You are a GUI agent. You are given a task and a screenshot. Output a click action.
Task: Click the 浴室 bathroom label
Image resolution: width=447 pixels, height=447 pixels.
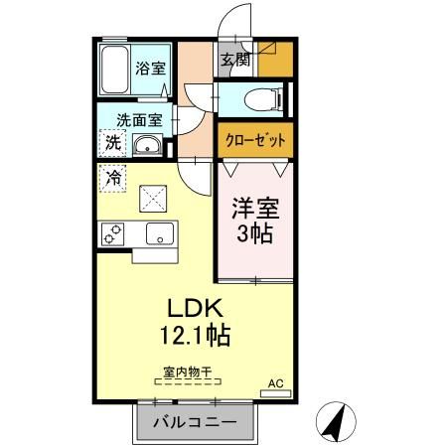[151, 70]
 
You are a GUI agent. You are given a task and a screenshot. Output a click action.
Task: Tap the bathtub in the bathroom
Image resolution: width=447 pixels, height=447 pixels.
[116, 71]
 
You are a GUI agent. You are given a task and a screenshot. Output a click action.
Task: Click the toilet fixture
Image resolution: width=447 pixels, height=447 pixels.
[259, 99]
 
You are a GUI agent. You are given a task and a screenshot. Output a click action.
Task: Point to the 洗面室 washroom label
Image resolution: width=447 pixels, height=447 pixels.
[138, 119]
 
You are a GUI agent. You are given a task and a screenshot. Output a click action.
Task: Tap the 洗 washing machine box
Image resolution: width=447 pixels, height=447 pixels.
[113, 142]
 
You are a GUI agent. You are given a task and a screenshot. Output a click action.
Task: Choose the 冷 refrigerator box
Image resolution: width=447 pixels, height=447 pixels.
[113, 180]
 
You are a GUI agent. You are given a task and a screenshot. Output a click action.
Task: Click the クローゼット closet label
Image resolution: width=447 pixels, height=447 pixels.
[253, 141]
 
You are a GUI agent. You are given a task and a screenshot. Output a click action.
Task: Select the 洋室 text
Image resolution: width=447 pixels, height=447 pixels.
[255, 212]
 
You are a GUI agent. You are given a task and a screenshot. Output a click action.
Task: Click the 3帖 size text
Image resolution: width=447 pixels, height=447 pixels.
[255, 237]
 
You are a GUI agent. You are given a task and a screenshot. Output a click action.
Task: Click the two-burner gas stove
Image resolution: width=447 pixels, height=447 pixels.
[111, 235]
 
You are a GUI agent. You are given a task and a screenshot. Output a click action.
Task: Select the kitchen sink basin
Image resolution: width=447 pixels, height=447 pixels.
[159, 234]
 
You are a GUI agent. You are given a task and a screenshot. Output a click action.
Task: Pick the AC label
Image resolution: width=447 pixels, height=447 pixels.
[275, 382]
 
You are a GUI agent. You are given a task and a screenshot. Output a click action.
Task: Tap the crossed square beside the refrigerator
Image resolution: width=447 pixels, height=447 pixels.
[153, 199]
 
